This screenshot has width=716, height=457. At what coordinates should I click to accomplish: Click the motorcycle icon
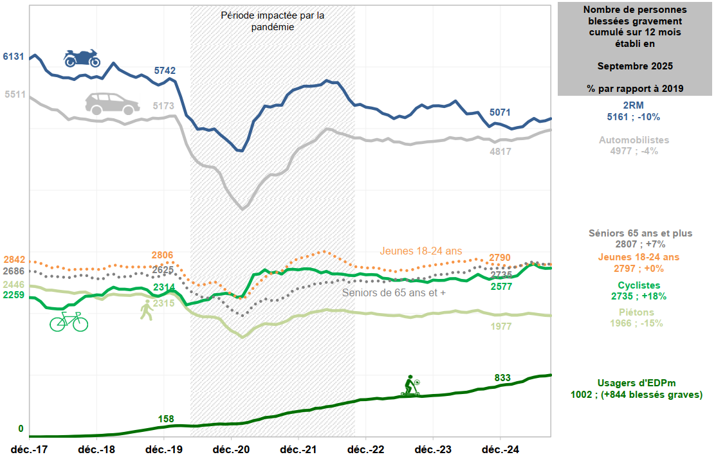(x=82, y=58)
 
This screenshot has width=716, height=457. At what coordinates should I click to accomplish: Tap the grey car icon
(x=113, y=103)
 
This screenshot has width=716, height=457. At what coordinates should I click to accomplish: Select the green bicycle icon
(x=69, y=321)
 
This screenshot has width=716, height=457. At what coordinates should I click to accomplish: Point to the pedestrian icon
(x=147, y=310)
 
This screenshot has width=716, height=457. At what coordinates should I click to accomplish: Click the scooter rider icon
(x=410, y=386)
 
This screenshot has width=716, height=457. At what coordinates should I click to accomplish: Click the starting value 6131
(x=14, y=57)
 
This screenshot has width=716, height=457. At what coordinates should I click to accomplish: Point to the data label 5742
(x=165, y=71)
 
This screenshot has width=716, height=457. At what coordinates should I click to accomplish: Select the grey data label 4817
(x=500, y=152)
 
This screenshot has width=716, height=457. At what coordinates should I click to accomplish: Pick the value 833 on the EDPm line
(x=503, y=378)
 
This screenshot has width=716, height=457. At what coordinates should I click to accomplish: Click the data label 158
(x=166, y=419)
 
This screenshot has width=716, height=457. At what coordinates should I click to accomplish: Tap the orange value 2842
(x=14, y=260)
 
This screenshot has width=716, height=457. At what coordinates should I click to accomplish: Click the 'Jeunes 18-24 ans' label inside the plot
(x=421, y=251)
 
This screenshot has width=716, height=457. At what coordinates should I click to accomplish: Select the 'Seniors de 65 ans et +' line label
(x=394, y=292)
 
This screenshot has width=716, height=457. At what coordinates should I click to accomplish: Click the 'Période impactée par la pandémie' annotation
(x=272, y=21)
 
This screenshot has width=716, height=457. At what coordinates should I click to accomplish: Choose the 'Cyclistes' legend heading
(x=639, y=285)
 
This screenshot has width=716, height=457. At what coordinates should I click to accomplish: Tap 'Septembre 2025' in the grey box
(x=635, y=66)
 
